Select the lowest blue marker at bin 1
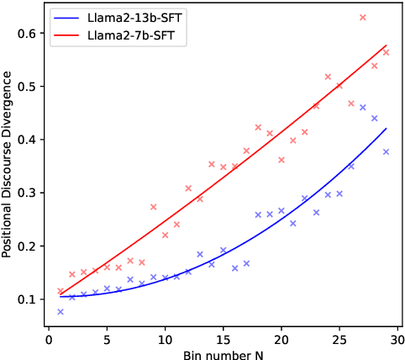[60, 312]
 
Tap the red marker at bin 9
[154, 207]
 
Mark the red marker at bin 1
[60, 291]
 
